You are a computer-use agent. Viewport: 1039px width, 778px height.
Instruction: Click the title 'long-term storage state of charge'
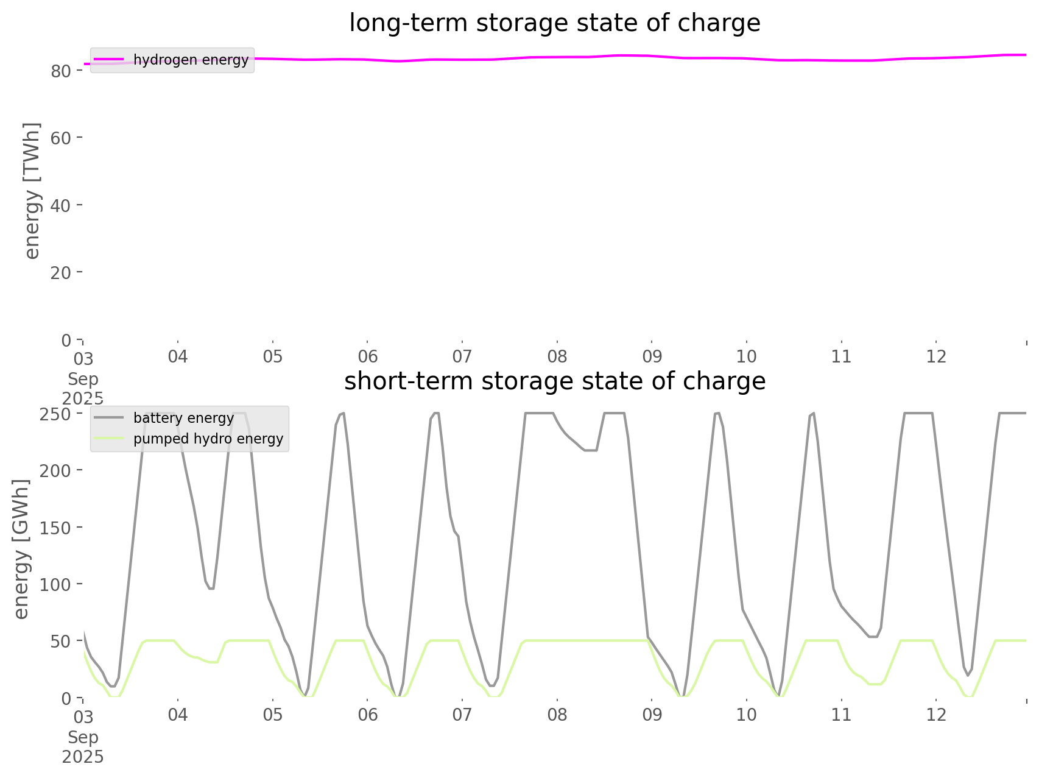(554, 23)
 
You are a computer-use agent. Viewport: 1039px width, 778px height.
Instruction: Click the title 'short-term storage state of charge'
(554, 381)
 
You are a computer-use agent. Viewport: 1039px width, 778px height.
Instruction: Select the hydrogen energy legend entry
(191, 60)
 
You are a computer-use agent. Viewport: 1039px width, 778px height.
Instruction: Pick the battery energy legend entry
(183, 418)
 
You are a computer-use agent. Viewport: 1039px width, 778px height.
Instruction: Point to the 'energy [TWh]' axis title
(32, 191)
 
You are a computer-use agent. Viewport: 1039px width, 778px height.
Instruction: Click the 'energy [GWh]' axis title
(21, 549)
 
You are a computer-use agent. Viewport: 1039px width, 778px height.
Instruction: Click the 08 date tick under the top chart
(557, 356)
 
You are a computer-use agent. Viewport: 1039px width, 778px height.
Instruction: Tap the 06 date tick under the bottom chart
(368, 715)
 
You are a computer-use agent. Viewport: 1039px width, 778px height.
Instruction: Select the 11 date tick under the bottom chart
(842, 715)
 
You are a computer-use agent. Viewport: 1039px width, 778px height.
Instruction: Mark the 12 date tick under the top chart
(937, 356)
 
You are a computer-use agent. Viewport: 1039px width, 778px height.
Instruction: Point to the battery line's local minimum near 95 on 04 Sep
(211, 589)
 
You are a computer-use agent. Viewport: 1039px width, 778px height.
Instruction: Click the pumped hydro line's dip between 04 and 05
(214, 662)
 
